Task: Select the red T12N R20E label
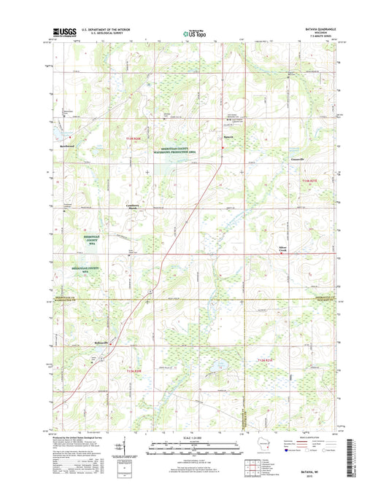[x=137, y=371]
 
